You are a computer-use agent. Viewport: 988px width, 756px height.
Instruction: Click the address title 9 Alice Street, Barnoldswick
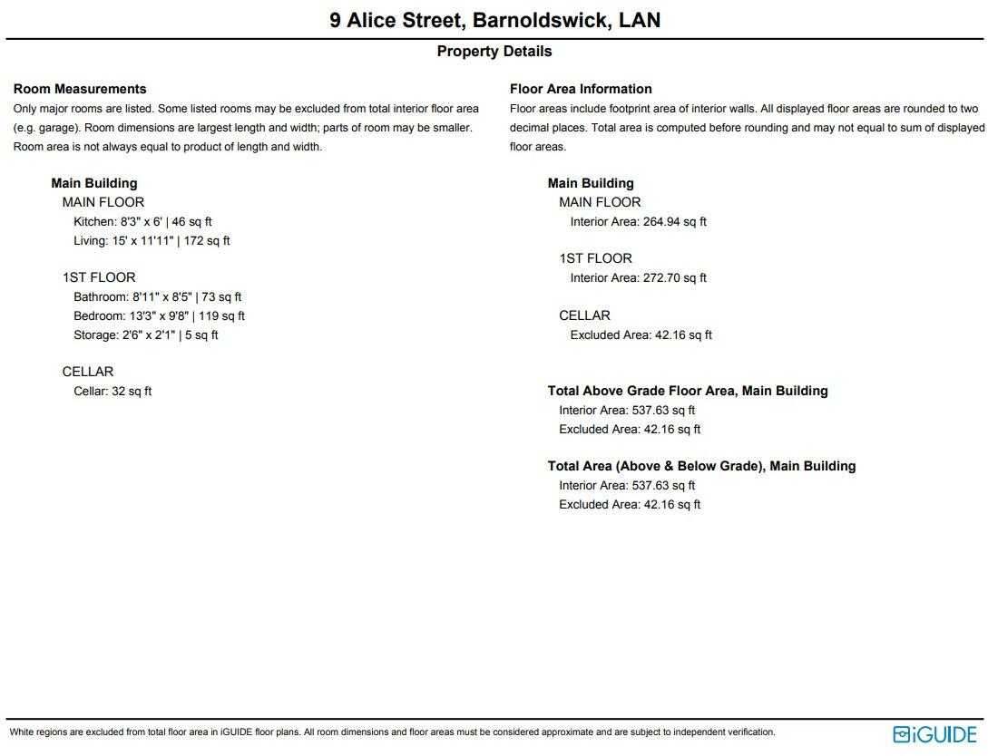pos(494,20)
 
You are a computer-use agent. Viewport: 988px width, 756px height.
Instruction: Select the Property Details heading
pos(494,52)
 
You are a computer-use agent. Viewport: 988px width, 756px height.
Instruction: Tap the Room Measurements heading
pos(80,89)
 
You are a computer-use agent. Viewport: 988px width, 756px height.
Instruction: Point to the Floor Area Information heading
pos(581,89)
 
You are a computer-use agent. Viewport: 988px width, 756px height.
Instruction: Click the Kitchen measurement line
pos(142,221)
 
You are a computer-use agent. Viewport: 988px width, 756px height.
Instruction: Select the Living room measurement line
pos(152,241)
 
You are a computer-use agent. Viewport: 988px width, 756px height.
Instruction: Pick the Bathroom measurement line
pos(157,297)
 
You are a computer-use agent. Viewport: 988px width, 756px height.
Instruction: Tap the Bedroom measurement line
pos(159,316)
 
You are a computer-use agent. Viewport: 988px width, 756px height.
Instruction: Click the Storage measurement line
pos(145,335)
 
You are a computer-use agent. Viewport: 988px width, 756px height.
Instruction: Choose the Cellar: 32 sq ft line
pos(112,392)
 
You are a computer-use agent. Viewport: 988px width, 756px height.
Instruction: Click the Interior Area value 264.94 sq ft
pos(674,221)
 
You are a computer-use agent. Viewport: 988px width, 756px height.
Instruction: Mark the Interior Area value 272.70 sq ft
pos(674,278)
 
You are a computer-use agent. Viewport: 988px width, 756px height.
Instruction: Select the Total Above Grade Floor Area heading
pos(688,391)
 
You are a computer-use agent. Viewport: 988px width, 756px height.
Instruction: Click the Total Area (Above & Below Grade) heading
pos(701,466)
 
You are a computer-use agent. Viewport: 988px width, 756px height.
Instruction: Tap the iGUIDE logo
pos(934,734)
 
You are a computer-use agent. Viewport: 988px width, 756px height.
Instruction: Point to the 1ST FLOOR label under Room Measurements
pos(99,277)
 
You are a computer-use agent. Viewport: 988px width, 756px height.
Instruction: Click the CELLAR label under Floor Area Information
pos(584,315)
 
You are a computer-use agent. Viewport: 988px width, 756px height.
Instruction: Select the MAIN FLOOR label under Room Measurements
pos(103,202)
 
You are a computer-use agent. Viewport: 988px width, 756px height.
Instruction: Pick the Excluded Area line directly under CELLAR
pos(641,335)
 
